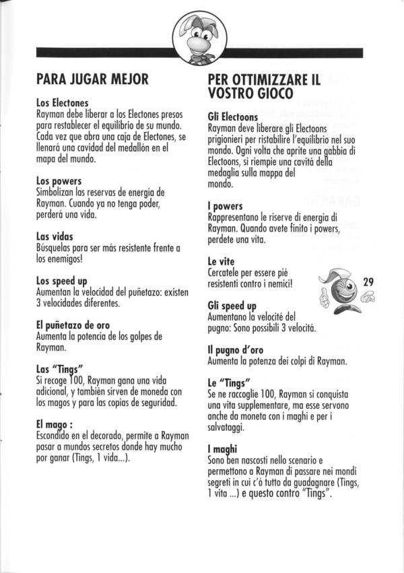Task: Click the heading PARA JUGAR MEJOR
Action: click(92, 79)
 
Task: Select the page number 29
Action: click(368, 281)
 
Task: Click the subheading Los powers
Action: click(59, 181)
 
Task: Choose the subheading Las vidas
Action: click(55, 236)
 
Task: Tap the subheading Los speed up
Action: click(65, 280)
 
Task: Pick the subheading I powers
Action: click(226, 205)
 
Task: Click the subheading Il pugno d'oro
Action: click(236, 349)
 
